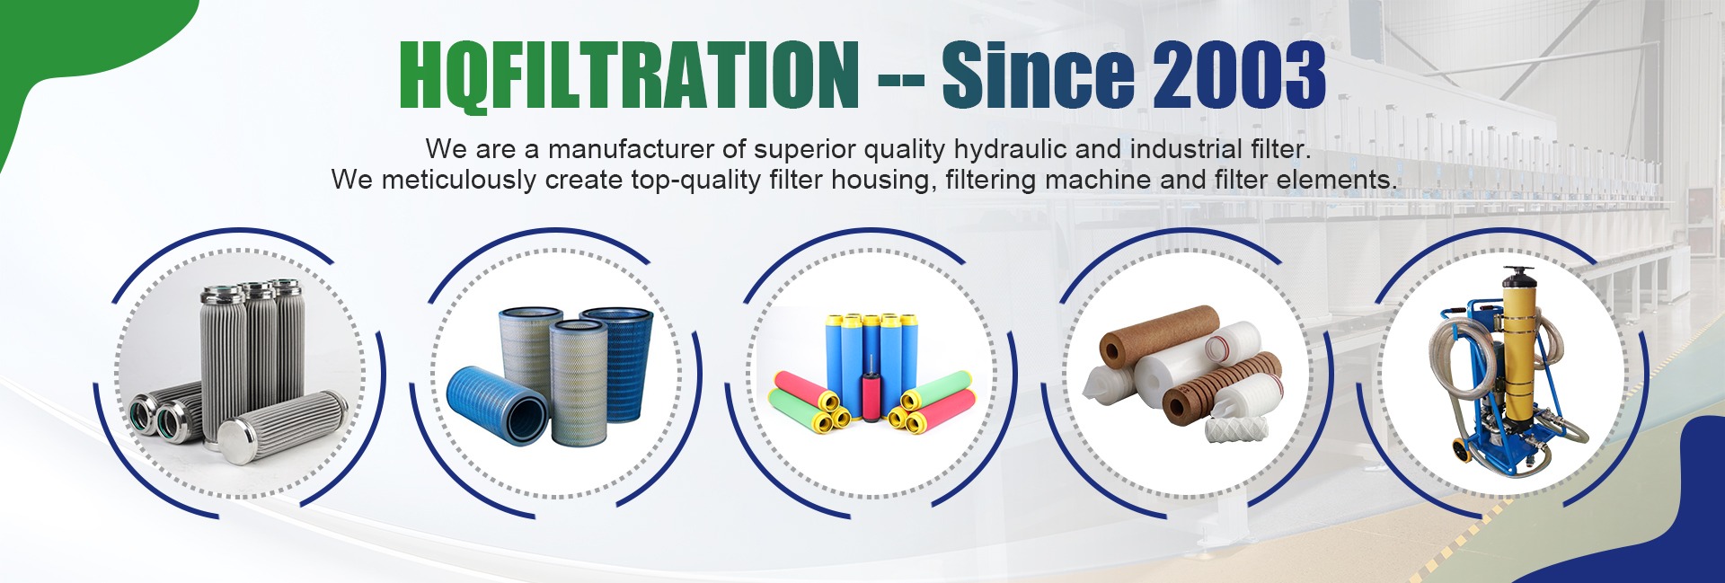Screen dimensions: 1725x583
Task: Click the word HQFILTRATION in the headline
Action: [x=629, y=75]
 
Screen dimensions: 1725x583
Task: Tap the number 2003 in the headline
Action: [x=1240, y=75]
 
